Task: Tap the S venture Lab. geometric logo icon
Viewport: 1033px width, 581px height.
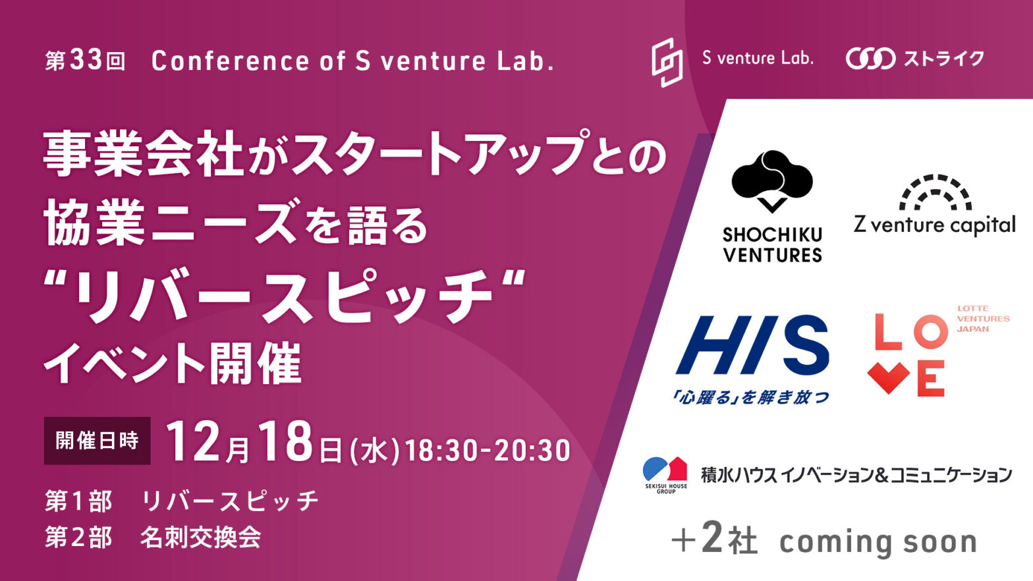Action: click(667, 63)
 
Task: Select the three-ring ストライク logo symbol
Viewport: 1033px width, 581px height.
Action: click(871, 59)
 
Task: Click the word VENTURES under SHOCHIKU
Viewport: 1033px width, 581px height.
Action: click(772, 254)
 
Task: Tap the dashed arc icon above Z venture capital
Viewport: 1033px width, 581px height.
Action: click(935, 192)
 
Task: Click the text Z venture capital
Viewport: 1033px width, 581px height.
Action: click(935, 226)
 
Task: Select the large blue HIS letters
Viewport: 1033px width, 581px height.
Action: click(752, 345)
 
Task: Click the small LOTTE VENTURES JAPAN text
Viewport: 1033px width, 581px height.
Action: click(983, 319)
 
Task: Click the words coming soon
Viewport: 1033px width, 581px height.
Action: click(878, 543)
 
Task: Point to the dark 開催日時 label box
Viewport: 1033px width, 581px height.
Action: click(98, 440)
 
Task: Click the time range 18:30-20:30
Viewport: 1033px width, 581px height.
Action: click(487, 451)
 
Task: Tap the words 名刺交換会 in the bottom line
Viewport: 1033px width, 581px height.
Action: click(200, 537)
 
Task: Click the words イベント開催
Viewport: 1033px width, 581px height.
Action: click(173, 363)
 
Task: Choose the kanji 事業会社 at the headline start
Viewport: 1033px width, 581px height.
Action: click(143, 153)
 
